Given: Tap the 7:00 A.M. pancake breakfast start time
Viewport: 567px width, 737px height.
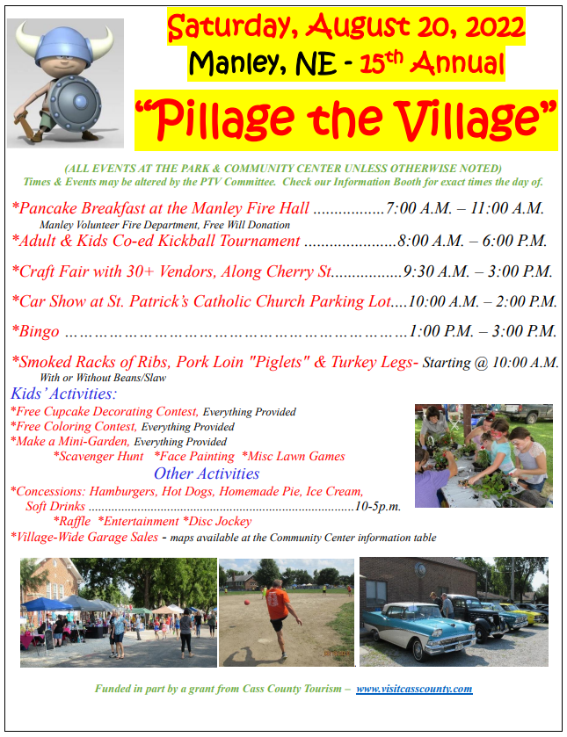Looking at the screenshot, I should tap(418, 209).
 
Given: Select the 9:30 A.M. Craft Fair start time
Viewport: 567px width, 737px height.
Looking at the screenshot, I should tap(435, 271).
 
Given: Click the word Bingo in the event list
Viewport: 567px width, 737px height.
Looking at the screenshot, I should tap(38, 332).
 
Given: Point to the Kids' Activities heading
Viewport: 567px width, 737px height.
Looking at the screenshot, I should tap(63, 393).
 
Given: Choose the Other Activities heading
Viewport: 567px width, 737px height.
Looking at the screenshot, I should tap(207, 473).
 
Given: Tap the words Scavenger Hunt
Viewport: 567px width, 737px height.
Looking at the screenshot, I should tap(98, 456).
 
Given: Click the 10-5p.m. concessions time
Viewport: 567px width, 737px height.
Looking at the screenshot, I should tap(378, 507).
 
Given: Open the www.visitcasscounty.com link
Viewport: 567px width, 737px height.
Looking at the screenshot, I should tap(414, 689).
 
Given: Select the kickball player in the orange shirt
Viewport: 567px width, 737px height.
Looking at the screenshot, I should tap(279, 605).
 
